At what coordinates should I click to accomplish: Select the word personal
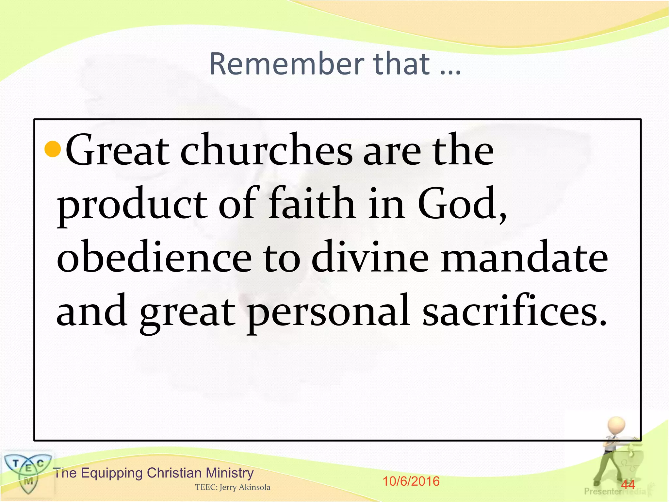pos(328,312)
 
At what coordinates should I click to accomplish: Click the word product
pos(132,205)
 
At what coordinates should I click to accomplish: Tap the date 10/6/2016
pos(411,481)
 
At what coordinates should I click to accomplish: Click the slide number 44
pos(628,484)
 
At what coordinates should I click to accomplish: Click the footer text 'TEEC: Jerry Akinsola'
pos(233,487)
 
